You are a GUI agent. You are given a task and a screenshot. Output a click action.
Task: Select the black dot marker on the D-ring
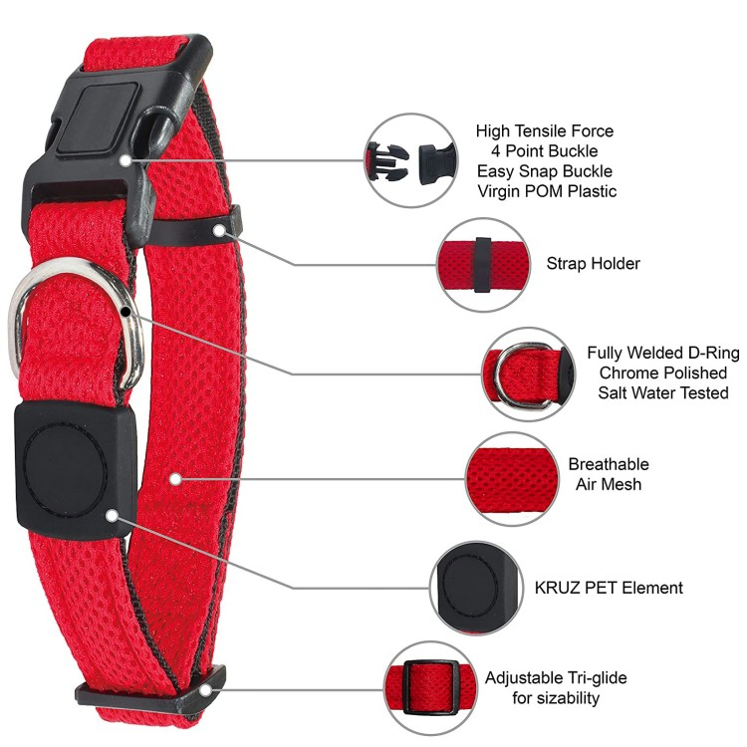125,312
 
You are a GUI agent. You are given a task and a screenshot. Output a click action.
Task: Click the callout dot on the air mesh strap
175,479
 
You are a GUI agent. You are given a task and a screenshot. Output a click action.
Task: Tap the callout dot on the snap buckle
125,160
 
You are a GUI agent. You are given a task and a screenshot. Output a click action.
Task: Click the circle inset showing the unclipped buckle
411,160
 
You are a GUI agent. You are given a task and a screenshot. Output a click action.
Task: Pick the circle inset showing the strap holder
484,265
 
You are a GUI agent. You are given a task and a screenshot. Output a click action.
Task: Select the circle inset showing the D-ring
527,374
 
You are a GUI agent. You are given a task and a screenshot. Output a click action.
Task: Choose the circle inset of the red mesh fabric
512,479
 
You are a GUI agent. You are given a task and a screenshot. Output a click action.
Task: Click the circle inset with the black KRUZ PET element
476,588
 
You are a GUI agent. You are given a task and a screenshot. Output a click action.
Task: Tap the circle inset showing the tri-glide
431,688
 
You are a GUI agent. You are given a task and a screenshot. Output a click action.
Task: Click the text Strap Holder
594,264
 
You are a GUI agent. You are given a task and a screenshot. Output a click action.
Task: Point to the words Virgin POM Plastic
547,191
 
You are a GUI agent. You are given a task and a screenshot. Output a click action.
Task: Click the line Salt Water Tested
663,392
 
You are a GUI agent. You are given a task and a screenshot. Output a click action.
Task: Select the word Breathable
609,464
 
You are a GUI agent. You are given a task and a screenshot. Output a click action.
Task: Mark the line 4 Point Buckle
545,151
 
